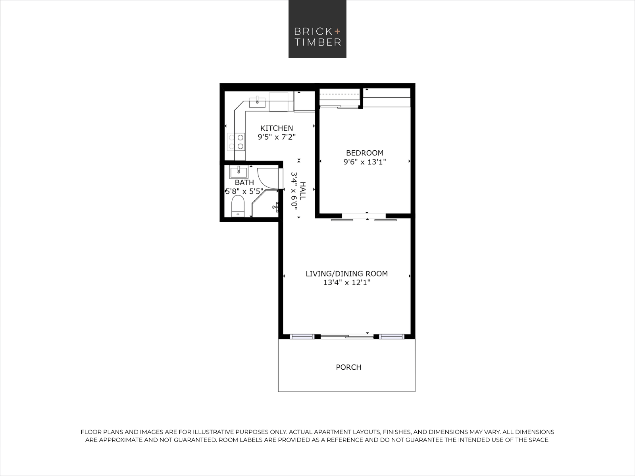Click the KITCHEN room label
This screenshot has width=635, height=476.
tap(277, 128)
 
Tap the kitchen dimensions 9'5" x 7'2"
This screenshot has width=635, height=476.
tap(277, 137)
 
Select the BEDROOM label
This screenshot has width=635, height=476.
tap(364, 153)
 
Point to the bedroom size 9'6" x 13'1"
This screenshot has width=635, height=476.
tap(364, 162)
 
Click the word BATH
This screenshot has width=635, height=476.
tap(244, 182)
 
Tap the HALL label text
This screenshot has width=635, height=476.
tap(303, 191)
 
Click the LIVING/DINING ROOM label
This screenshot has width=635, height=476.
tap(346, 274)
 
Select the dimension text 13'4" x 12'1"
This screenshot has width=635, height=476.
tap(346, 283)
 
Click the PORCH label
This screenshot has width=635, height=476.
tap(348, 367)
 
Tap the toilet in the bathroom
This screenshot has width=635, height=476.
tap(238, 207)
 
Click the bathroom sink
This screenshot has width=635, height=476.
tap(239, 172)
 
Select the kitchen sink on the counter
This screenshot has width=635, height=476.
tap(257, 102)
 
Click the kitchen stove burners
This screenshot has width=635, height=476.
tap(236, 142)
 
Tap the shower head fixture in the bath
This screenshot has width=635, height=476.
tap(275, 207)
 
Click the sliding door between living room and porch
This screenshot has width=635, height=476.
tap(347, 337)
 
